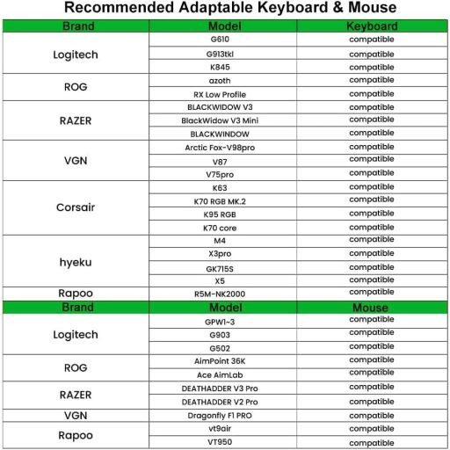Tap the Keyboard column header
[371, 26]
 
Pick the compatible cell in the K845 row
[371, 67]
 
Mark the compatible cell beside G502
[371, 347]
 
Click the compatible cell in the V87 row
[371, 161]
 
